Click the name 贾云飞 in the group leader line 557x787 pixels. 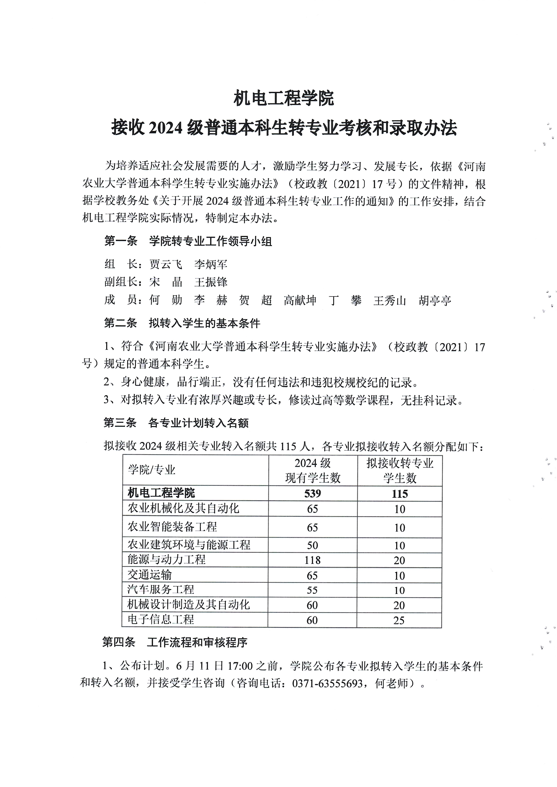[x=166, y=264]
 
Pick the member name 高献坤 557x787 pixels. [x=300, y=300]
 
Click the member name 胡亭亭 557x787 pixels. [x=435, y=300]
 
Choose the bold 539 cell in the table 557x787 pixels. [x=312, y=493]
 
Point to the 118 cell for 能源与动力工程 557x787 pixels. [x=312, y=560]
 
